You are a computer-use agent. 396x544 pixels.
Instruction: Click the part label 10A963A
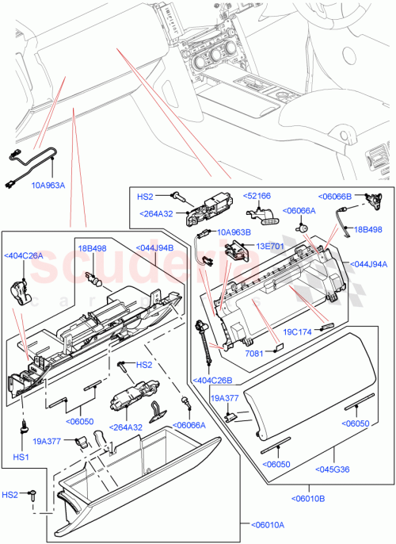tap(48, 186)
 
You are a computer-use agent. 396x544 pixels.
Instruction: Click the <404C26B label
tap(209, 379)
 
